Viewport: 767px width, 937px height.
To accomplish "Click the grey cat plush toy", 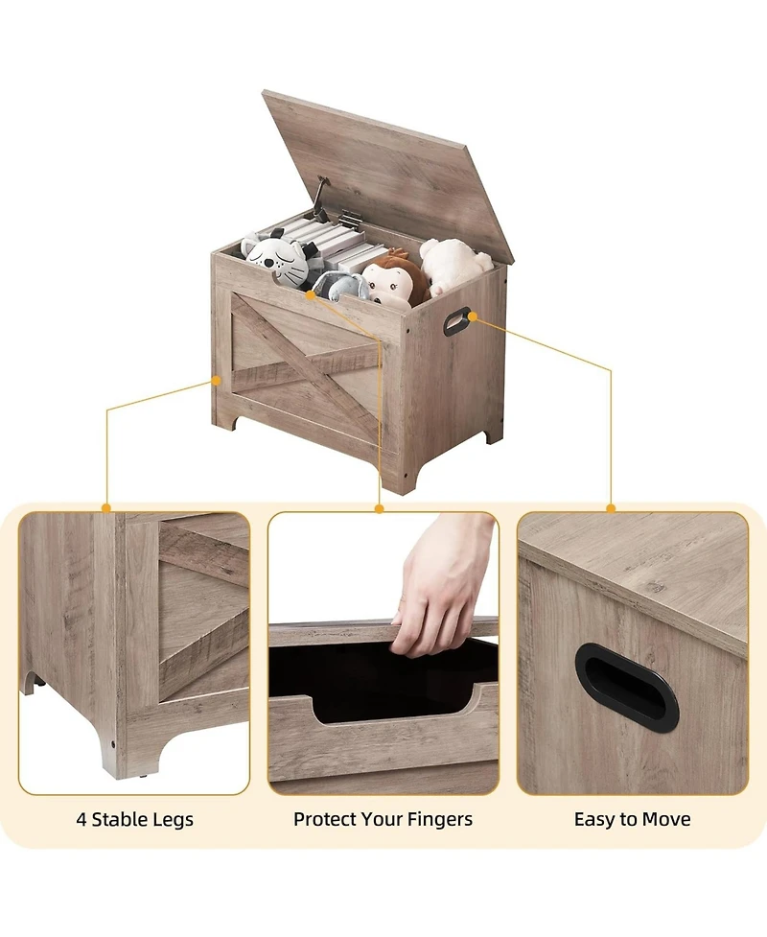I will click(x=276, y=259).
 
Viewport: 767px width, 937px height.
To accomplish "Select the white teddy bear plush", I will click(x=453, y=265).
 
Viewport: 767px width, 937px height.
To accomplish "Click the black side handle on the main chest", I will click(x=456, y=320).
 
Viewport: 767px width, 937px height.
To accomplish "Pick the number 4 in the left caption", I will click(x=81, y=820).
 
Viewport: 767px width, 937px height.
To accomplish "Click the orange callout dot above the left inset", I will click(x=106, y=507).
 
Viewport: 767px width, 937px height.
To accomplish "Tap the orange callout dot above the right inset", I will click(x=611, y=507).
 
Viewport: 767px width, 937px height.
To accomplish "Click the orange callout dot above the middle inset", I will click(x=380, y=507).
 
